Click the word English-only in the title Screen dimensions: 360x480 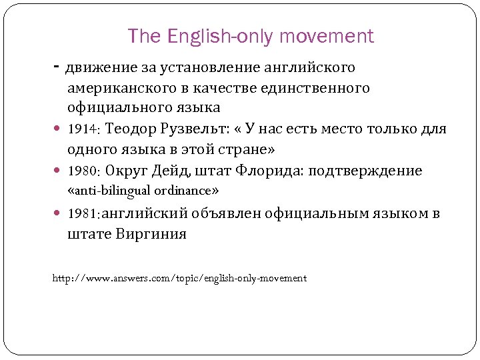[215, 36]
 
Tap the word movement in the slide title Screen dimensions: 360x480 [327, 36]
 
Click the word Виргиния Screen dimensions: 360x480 [151, 234]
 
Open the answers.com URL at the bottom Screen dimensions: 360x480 [179, 278]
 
